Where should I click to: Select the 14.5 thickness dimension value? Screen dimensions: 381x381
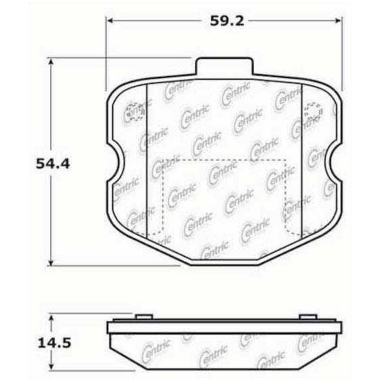53,343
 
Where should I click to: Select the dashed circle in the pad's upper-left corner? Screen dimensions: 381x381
133,111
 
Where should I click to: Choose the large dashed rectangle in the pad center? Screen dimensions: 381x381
224,195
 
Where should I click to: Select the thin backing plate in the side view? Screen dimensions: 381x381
224,327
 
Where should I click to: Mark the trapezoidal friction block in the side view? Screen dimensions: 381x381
224,350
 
